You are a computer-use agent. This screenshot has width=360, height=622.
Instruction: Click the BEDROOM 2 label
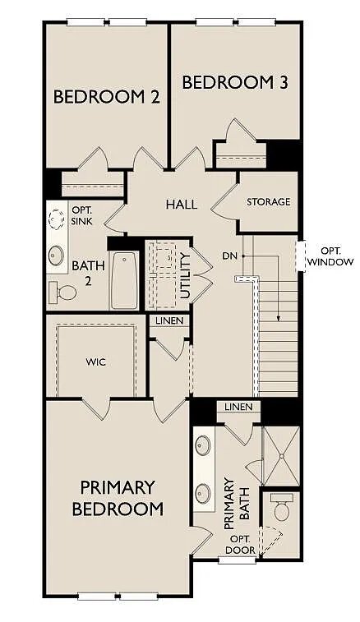tap(106, 97)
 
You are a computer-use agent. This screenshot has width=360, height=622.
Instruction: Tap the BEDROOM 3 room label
tap(235, 83)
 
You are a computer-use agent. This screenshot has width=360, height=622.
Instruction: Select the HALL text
tap(182, 205)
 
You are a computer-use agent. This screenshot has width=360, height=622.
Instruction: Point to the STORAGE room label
tap(268, 202)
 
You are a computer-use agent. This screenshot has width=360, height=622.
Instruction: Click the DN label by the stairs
tap(229, 256)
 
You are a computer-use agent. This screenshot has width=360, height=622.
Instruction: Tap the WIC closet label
tap(95, 362)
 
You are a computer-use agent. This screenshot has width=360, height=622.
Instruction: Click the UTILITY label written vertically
tap(185, 275)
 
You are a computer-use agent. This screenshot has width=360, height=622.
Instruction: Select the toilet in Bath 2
tap(62, 293)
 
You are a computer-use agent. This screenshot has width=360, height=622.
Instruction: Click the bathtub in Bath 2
tap(124, 280)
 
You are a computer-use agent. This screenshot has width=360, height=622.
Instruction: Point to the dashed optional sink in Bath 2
tap(56, 219)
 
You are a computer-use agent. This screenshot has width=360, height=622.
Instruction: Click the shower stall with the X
tap(281, 455)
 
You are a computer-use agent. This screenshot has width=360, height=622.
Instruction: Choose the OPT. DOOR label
tap(242, 545)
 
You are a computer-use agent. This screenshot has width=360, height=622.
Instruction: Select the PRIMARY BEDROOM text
tap(118, 498)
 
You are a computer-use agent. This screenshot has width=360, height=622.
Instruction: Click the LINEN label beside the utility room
tap(169, 320)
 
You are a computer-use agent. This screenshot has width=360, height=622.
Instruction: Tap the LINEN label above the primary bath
tap(238, 407)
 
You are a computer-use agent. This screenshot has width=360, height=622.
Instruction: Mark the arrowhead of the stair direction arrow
tap(279, 319)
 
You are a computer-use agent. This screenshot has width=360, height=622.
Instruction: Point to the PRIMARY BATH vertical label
tap(237, 504)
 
